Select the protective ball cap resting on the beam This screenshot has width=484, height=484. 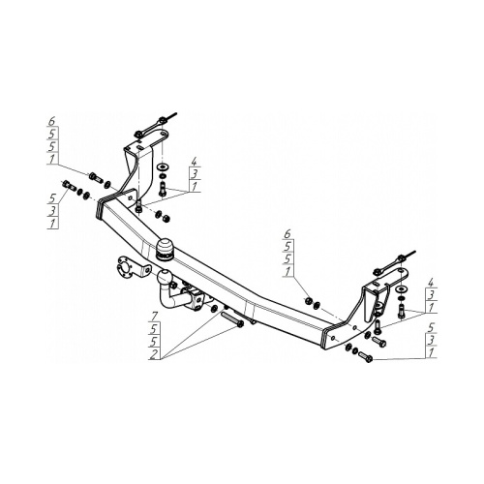[x=165, y=249]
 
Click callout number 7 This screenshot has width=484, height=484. [x=153, y=316]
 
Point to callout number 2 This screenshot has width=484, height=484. [x=155, y=354]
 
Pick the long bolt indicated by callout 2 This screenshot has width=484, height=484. [x=232, y=319]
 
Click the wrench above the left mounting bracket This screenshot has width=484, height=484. [x=155, y=125]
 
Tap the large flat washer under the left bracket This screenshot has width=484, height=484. [x=161, y=167]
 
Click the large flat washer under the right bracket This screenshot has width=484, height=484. [x=401, y=288]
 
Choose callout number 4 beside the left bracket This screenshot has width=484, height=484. [x=194, y=162]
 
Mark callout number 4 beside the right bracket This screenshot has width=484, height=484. [x=431, y=283]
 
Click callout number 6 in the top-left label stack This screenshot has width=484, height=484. [x=52, y=121]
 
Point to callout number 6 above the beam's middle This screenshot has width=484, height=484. [x=287, y=233]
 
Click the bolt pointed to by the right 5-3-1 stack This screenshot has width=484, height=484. [x=365, y=356]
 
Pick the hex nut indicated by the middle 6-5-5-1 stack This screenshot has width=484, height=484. [x=308, y=300]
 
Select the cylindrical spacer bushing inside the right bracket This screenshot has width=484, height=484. [x=379, y=307]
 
